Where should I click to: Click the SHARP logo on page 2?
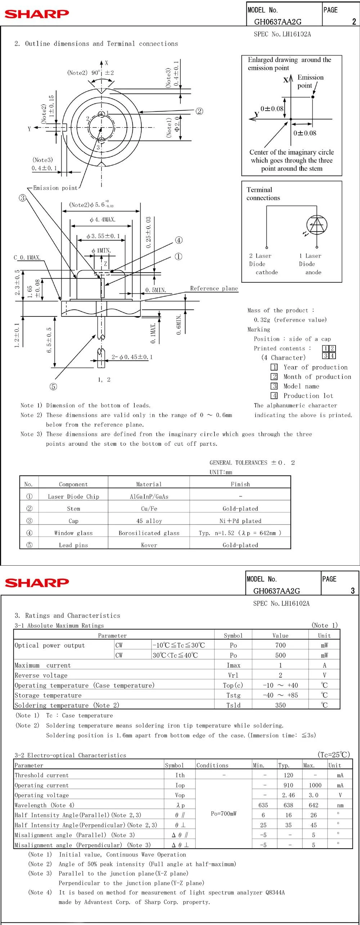coord(36,14)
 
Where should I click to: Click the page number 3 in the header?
coord(352,591)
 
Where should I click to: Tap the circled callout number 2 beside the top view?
coord(199,111)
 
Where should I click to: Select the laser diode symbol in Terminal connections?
coord(317,225)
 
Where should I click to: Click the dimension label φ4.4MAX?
coord(103,220)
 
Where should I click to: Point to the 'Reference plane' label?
coord(214,288)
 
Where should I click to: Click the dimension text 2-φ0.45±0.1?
coord(132,357)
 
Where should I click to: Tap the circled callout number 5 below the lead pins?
coord(53,387)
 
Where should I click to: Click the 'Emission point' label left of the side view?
coord(55,188)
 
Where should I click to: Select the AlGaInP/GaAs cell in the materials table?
coord(149,497)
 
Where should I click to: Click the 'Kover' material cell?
coord(149,545)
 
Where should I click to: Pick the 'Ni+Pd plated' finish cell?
coord(240,521)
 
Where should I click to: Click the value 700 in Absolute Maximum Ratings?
coord(280,645)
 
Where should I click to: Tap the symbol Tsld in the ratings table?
coord(233,705)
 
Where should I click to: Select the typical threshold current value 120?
coord(288,775)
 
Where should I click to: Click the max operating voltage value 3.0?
coord(313,795)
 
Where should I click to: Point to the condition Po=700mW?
coord(224,813)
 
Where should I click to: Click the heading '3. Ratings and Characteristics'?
coord(67,615)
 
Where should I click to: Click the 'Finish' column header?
coord(240,484)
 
